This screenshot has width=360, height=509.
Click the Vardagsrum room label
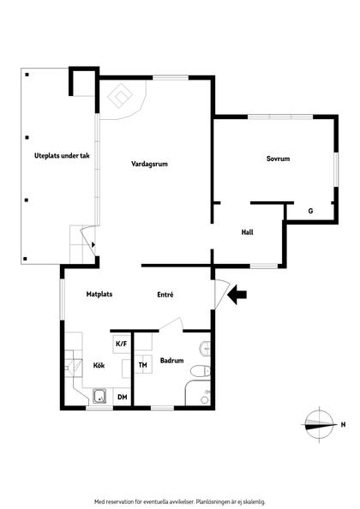[149, 164]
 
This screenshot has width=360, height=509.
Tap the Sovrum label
[278, 159]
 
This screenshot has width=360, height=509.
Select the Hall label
[247, 232]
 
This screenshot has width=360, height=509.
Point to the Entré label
[165, 295]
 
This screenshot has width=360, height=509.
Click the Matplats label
[99, 294]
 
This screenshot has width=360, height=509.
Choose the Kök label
[99, 366]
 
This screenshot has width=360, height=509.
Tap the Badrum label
[171, 360]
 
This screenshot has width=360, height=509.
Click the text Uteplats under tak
[62, 156]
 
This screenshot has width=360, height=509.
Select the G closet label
[310, 211]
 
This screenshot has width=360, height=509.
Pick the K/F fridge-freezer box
[122, 344]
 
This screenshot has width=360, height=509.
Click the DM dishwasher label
[122, 397]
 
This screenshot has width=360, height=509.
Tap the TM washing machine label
[142, 365]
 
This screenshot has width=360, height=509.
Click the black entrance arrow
[237, 295]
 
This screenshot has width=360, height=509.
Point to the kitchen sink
[99, 396]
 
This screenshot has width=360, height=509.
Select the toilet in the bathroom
[200, 371]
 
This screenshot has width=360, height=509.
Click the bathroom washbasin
[205, 349]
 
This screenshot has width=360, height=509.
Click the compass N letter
[343, 424]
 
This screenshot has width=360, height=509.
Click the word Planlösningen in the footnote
[209, 501]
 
